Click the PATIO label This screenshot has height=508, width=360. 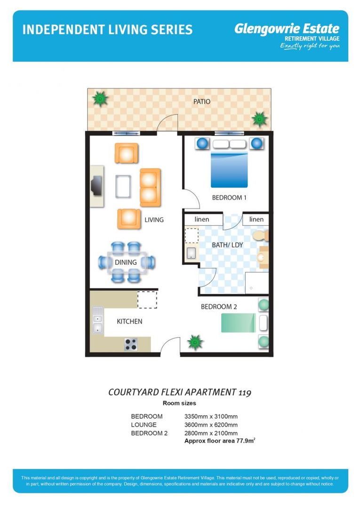point(201,102)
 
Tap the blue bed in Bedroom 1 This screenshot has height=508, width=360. point(229,169)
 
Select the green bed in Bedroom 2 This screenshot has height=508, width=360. point(239,323)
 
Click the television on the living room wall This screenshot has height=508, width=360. point(96,185)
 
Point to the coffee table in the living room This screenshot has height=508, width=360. point(123,186)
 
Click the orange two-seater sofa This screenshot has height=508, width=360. point(150,187)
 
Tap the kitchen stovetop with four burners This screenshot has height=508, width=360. point(131,344)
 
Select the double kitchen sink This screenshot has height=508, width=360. point(97,320)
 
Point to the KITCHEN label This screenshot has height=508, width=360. point(129,321)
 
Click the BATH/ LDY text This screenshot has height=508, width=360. point(227,245)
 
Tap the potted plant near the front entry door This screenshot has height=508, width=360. point(195,342)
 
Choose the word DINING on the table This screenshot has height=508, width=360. point(126,262)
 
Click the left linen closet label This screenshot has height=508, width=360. point(202,219)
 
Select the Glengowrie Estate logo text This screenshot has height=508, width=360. point(287,29)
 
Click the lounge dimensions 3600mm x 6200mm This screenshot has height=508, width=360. point(211,425)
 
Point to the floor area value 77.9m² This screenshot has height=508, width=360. point(246,441)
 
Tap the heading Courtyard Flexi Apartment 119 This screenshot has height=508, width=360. point(180,392)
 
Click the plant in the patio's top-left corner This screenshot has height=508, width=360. point(100,98)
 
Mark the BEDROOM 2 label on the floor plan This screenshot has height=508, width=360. point(219,307)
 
